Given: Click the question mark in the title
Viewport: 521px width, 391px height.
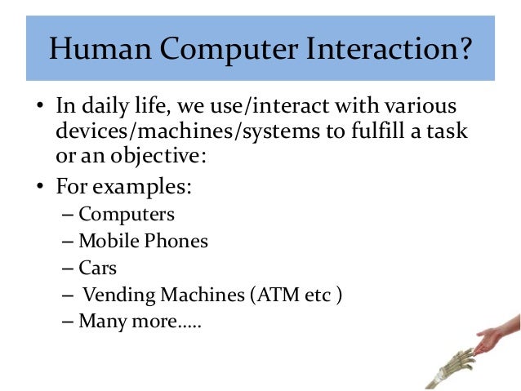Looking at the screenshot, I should tap(463, 50).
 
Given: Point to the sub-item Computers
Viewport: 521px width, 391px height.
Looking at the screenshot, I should tap(127, 215).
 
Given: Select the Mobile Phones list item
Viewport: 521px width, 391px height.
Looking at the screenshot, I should tap(143, 242).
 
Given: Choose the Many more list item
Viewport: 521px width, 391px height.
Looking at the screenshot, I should tap(140, 320).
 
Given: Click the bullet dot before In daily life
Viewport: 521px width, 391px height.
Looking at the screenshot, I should tap(40, 109).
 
